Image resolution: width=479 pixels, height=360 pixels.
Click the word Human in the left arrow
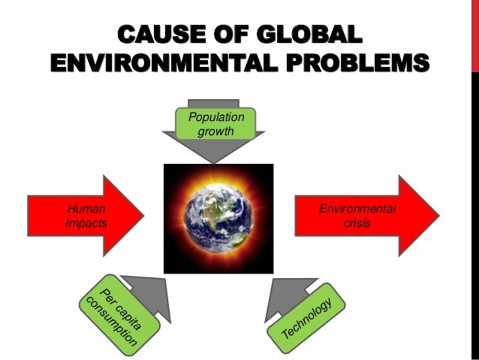click(x=80, y=210)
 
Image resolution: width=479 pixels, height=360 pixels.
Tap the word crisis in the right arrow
click(x=356, y=223)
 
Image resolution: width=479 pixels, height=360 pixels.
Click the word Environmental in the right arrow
click(x=356, y=210)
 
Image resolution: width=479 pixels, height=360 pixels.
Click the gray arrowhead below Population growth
click(x=212, y=150)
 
